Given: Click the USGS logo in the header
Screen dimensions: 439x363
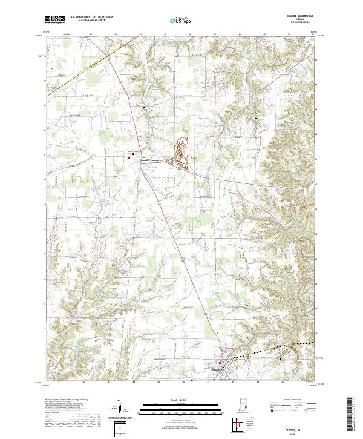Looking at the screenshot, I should pyautogui.click(x=55, y=19).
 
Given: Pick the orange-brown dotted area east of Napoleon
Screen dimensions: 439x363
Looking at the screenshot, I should pyautogui.click(x=180, y=153).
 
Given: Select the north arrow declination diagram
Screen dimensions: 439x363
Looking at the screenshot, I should pyautogui.click(x=120, y=410).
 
